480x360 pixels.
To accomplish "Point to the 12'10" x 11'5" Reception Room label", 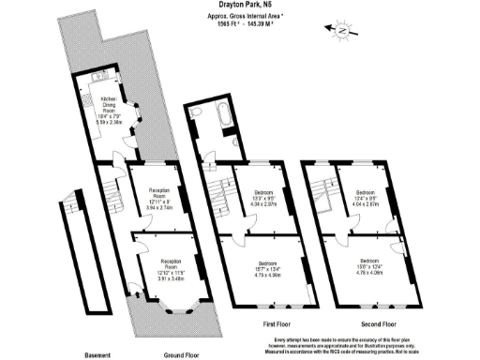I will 171,267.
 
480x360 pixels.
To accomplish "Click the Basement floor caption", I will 97,355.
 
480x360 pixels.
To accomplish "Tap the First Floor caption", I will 277,323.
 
